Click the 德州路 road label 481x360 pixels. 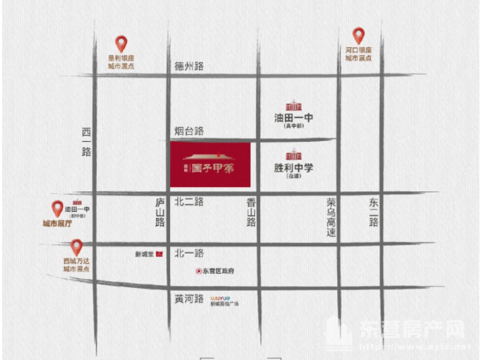189,66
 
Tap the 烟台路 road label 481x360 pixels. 189,131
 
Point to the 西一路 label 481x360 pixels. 87,142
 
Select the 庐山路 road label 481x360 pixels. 160,212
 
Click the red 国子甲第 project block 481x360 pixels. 210,166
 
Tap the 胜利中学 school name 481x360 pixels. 293,169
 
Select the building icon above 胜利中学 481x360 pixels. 293,155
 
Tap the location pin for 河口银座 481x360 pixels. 358,35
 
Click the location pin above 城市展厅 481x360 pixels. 58,209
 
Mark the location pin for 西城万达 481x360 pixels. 76,248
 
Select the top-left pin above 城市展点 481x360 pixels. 121,44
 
